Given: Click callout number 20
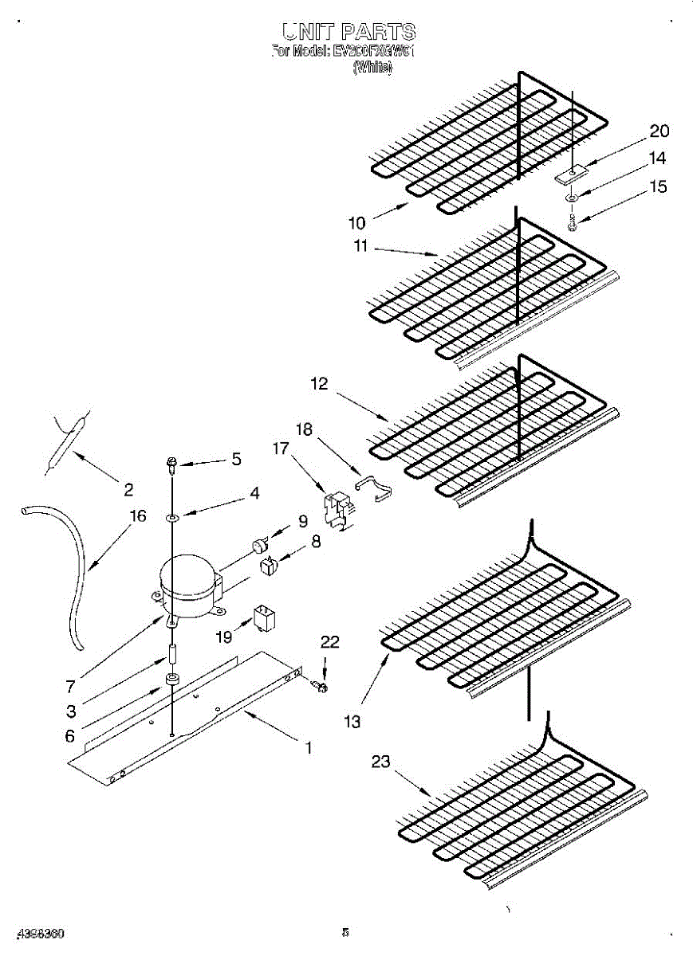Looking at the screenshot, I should click(659, 131).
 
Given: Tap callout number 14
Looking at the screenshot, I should click(656, 159).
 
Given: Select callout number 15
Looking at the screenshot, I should click(658, 186).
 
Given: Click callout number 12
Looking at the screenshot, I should click(319, 384).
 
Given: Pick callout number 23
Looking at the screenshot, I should click(380, 762).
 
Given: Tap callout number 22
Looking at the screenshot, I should click(329, 642).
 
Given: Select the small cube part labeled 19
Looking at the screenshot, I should click(263, 617).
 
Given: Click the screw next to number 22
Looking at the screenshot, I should click(322, 684).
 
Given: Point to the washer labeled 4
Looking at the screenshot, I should click(172, 519).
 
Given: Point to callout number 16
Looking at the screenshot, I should click(138, 515).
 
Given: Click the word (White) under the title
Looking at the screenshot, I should click(372, 69).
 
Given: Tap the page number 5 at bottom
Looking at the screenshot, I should click(345, 931).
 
